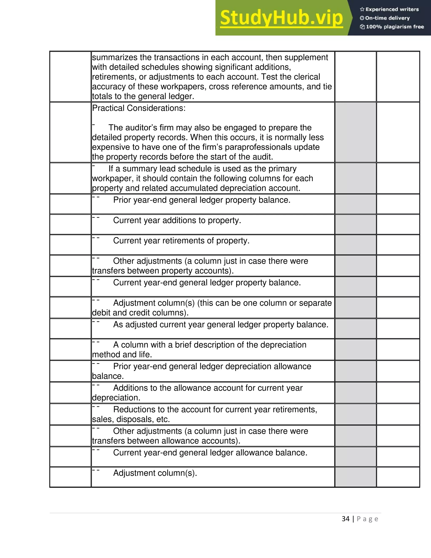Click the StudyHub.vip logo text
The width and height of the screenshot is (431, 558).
pyautogui.click(x=281, y=18)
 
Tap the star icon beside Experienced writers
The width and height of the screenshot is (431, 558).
pyautogui.click(x=362, y=9)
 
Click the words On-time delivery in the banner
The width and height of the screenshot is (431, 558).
pyautogui.click(x=387, y=18)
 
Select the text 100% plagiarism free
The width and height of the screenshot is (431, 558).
pyautogui.click(x=395, y=27)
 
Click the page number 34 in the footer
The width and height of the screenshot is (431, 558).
pyautogui.click(x=346, y=519)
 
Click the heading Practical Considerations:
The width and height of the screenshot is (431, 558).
pyautogui.click(x=139, y=108)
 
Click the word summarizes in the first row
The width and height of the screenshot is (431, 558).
pyautogui.click(x=109, y=57)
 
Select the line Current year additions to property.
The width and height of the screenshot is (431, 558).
pyautogui.click(x=177, y=220)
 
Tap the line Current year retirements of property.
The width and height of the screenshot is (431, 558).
pyautogui.click(x=181, y=241)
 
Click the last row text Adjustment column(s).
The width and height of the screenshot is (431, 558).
pyautogui.click(x=155, y=473)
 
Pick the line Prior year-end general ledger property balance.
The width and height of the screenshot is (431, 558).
pyautogui.click(x=202, y=200)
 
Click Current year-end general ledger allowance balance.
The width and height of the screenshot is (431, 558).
pyautogui.click(x=210, y=453)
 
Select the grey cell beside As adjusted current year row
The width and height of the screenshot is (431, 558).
pyautogui.click(x=355, y=328)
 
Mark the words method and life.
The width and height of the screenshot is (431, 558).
pyautogui.click(x=122, y=355)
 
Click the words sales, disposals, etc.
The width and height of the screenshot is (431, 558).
pyautogui.click(x=131, y=419)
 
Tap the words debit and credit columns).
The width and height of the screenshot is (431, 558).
pyautogui.click(x=140, y=313)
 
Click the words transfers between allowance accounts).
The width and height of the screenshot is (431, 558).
pyautogui.click(x=166, y=441)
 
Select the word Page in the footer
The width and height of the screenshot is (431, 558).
pyautogui.click(x=367, y=519)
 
